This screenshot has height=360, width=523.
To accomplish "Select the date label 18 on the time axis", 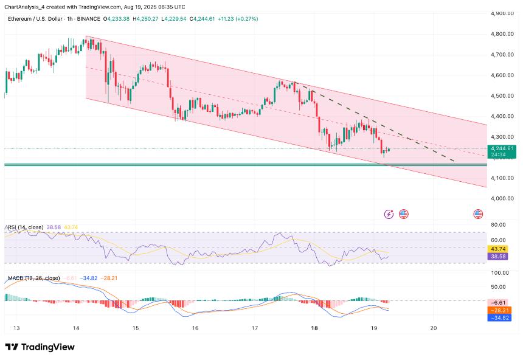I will pos(314,328).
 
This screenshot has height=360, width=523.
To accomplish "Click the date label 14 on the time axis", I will pos(76,328).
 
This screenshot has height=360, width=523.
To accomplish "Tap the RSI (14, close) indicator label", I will pos(25,227).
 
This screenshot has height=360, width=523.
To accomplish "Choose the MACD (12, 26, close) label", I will pos(33,278).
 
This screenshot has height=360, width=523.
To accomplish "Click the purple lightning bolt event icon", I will pos(389,214).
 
